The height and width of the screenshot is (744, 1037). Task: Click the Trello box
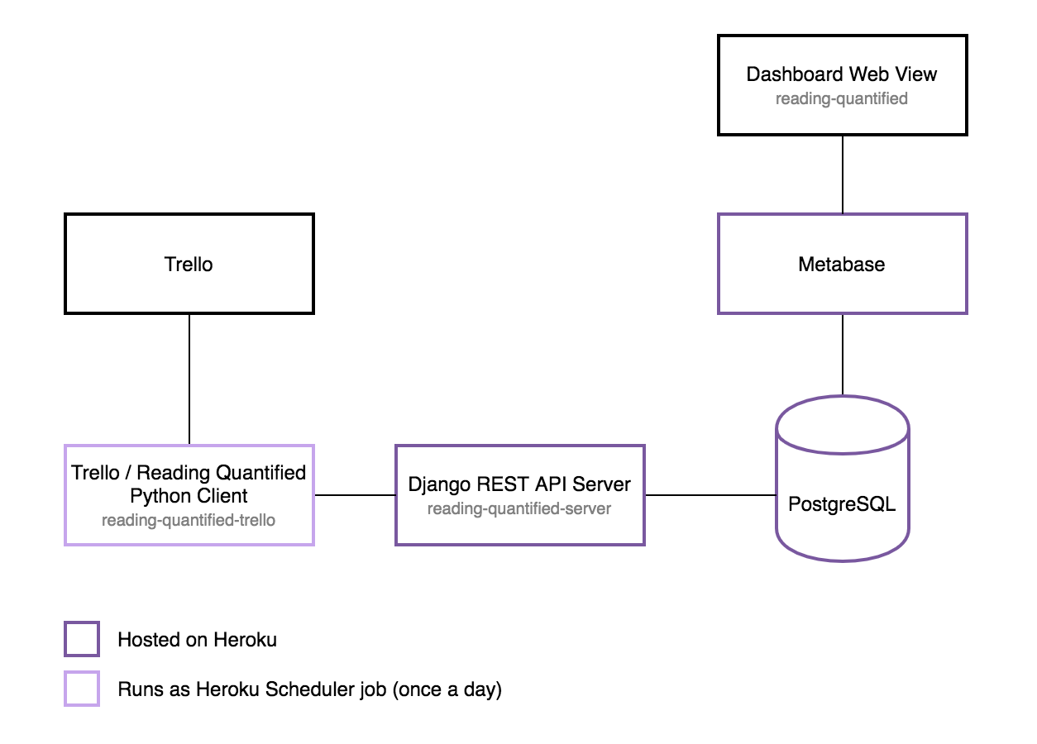tap(189, 265)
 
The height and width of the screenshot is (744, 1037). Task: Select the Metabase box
tap(842, 265)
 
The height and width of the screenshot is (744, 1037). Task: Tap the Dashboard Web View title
tap(842, 74)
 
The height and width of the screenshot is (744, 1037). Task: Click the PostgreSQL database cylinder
tap(842, 479)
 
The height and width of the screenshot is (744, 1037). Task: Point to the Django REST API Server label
tap(519, 484)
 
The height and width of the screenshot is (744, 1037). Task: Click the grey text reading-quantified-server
tap(519, 508)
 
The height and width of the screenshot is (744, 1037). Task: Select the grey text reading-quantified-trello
tap(189, 520)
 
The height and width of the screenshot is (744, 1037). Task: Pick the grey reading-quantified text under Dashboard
tap(842, 98)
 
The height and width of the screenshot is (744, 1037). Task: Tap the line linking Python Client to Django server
tap(355, 495)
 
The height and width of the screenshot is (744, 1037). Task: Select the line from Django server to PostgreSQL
tap(710, 495)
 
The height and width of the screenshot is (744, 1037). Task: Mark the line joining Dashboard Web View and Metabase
tap(843, 174)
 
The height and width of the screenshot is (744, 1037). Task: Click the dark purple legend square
tap(82, 639)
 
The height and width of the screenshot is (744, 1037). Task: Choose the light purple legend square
tap(82, 689)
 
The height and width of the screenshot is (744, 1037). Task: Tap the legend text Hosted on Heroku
tap(197, 639)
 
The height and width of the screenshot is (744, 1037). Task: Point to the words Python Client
tap(189, 496)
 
